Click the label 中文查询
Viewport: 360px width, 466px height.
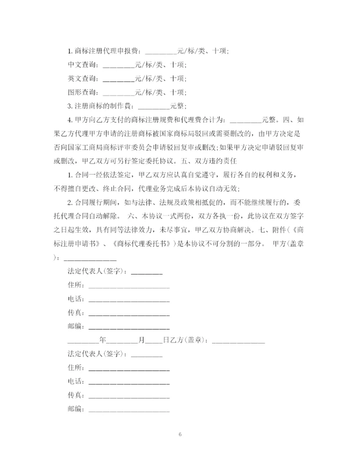[83, 65]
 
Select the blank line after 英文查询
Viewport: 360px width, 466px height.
[118, 79]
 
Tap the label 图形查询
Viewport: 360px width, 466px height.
[83, 92]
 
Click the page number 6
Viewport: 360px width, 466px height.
[179, 434]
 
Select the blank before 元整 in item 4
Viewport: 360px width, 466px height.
[245, 120]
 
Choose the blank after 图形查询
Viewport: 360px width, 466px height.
[118, 93]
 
